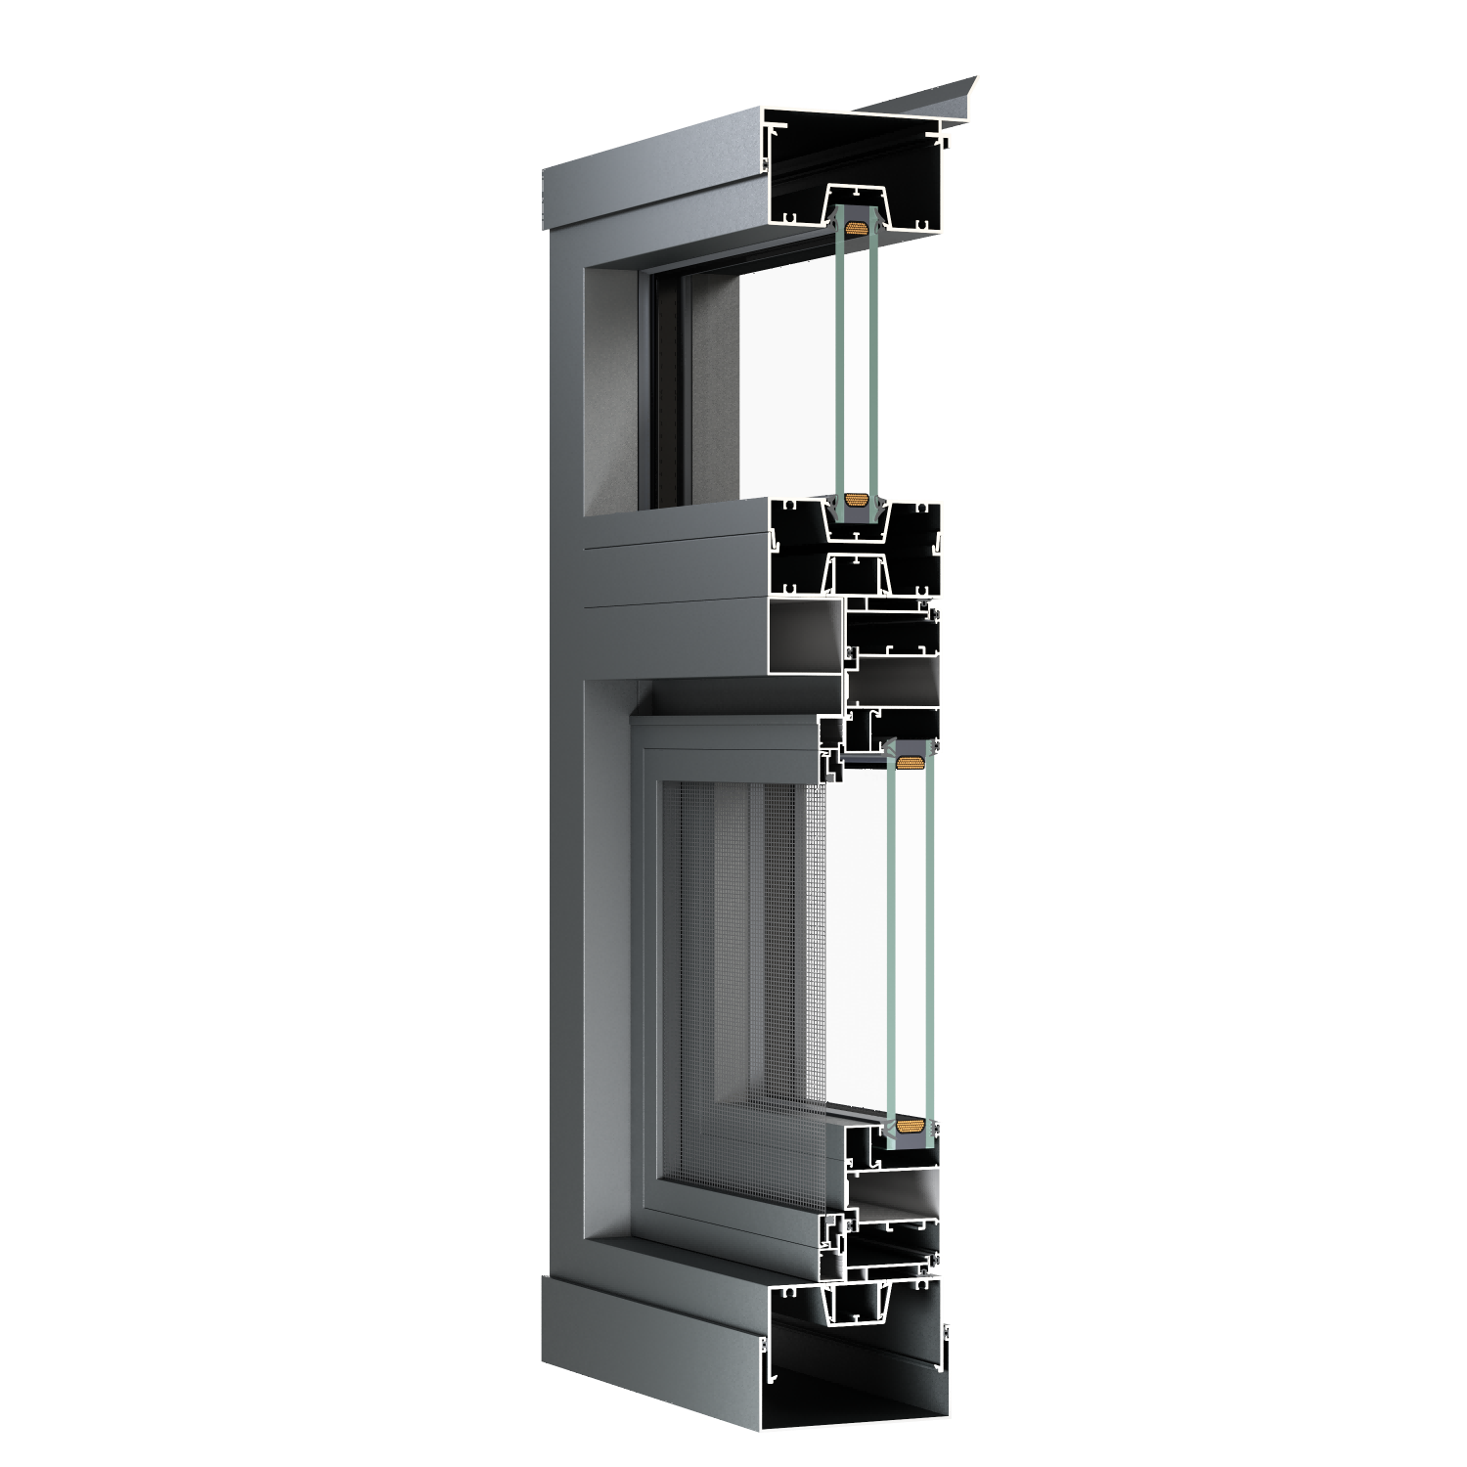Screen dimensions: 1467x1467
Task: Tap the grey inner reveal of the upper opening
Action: click(611, 391)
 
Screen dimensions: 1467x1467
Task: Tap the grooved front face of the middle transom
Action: click(675, 587)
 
